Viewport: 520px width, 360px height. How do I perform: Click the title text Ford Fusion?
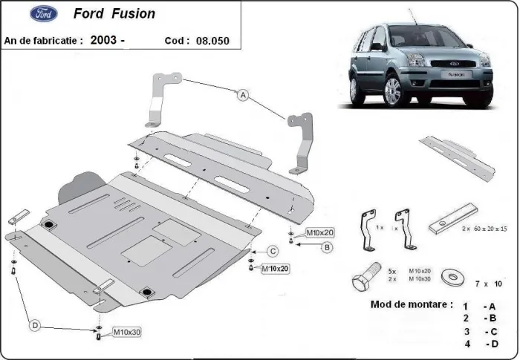point(114,14)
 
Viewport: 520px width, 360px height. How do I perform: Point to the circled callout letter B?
point(325,247)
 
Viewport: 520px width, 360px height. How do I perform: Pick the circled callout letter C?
point(273,251)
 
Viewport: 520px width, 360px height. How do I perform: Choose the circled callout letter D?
point(34,324)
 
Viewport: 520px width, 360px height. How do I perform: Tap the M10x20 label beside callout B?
point(320,232)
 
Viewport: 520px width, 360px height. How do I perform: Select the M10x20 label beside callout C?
point(275,268)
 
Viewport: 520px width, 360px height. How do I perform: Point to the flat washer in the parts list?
point(449,277)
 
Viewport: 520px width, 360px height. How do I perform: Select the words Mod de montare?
point(410,304)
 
